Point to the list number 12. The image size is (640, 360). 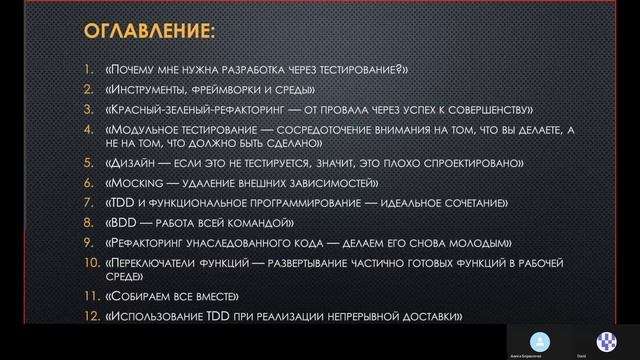(87, 317)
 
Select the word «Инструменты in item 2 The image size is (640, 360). (147, 90)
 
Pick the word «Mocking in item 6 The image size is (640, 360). (134, 183)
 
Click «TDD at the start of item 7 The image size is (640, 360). (119, 203)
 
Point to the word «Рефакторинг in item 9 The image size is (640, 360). (149, 243)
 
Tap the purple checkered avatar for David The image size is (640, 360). (607, 338)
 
